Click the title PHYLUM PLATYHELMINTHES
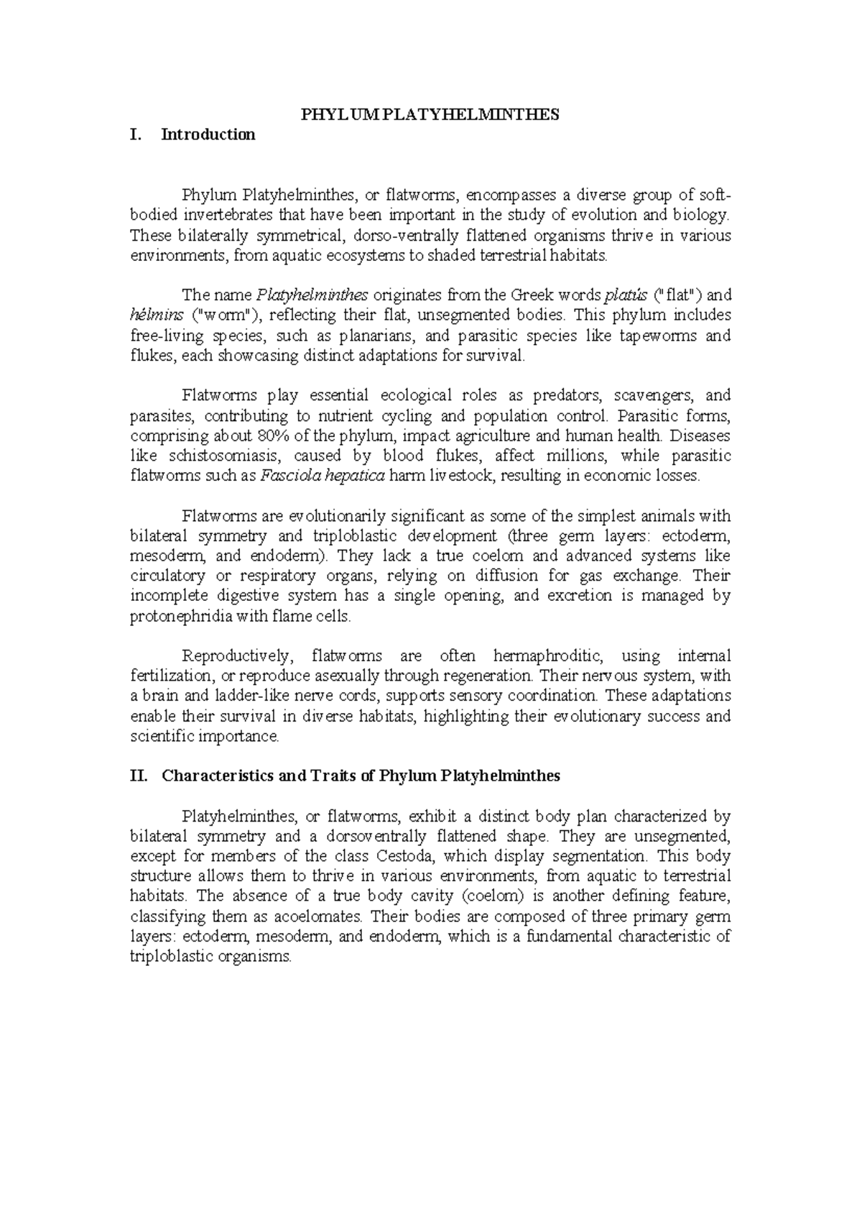430,115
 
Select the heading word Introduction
208,134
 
